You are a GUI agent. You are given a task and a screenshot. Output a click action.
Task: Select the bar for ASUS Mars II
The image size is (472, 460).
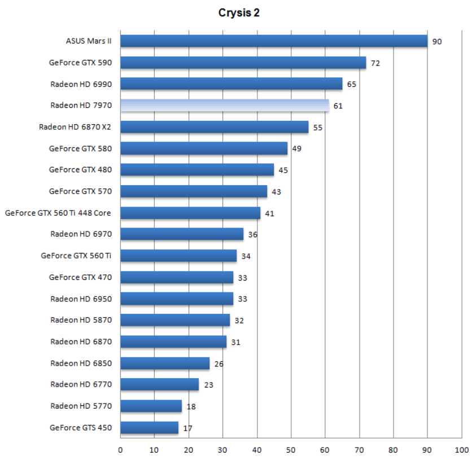274,41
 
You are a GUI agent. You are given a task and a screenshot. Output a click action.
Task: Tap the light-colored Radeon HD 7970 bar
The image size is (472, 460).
224,106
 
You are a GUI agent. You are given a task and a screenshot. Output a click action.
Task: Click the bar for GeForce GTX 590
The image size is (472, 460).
243,63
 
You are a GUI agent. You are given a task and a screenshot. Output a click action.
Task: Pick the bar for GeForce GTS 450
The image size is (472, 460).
149,428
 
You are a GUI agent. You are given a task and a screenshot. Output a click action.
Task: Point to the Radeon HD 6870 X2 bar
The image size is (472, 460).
214,127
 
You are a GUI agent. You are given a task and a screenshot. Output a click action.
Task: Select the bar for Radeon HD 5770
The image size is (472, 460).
151,406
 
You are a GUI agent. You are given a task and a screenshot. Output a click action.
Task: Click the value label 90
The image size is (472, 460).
437,42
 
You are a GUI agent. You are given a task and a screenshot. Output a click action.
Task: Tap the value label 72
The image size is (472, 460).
375,63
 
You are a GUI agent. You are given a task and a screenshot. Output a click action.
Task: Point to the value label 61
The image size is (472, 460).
338,106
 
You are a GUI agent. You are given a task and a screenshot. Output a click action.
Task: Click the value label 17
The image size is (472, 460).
187,428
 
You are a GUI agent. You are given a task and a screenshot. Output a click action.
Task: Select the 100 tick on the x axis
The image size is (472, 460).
461,450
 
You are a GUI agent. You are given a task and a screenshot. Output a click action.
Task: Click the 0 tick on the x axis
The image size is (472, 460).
120,450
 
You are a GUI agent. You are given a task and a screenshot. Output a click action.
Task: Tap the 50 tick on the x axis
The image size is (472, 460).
291,450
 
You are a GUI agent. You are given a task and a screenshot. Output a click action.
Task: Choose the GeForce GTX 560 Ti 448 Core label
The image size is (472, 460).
58,213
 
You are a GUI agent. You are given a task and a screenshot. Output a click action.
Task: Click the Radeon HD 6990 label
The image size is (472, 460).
81,84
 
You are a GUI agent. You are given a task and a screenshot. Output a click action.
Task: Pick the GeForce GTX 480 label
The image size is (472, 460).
80,170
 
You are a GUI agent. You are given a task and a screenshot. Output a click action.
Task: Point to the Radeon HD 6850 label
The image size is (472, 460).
81,363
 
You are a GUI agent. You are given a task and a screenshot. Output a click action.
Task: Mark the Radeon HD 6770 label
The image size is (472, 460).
81,384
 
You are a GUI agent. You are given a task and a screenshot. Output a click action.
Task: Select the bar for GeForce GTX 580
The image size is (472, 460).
204,148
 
